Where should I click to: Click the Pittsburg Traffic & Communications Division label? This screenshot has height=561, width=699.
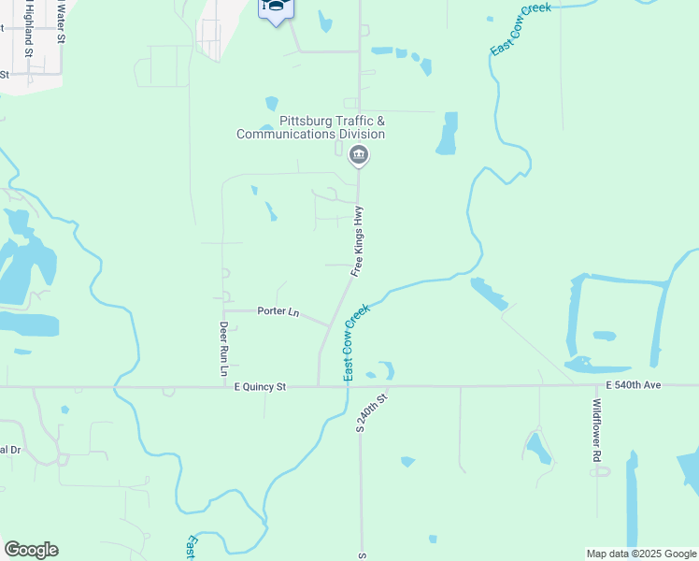[310, 128]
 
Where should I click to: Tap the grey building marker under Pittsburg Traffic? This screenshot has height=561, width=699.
[358, 156]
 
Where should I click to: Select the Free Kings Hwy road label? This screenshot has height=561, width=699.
[357, 241]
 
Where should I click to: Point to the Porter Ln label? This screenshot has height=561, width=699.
[278, 311]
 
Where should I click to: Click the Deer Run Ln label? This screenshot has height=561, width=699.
[224, 349]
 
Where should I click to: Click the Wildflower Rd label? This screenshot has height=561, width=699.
[596, 431]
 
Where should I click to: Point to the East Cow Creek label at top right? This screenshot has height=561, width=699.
[520, 28]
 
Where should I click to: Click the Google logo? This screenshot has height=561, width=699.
[31, 550]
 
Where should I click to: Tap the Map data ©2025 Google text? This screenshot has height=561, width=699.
[640, 554]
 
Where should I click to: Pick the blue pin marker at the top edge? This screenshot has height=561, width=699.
[276, 9]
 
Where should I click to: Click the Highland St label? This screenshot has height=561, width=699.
[29, 40]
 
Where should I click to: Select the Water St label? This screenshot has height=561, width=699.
[61, 21]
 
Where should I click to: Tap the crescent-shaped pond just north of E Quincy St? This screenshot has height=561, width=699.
[385, 370]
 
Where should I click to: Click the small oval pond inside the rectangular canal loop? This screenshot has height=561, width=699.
[604, 336]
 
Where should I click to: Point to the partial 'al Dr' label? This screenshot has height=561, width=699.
[9, 450]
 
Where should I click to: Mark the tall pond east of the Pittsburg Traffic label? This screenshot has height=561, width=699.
[448, 134]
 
